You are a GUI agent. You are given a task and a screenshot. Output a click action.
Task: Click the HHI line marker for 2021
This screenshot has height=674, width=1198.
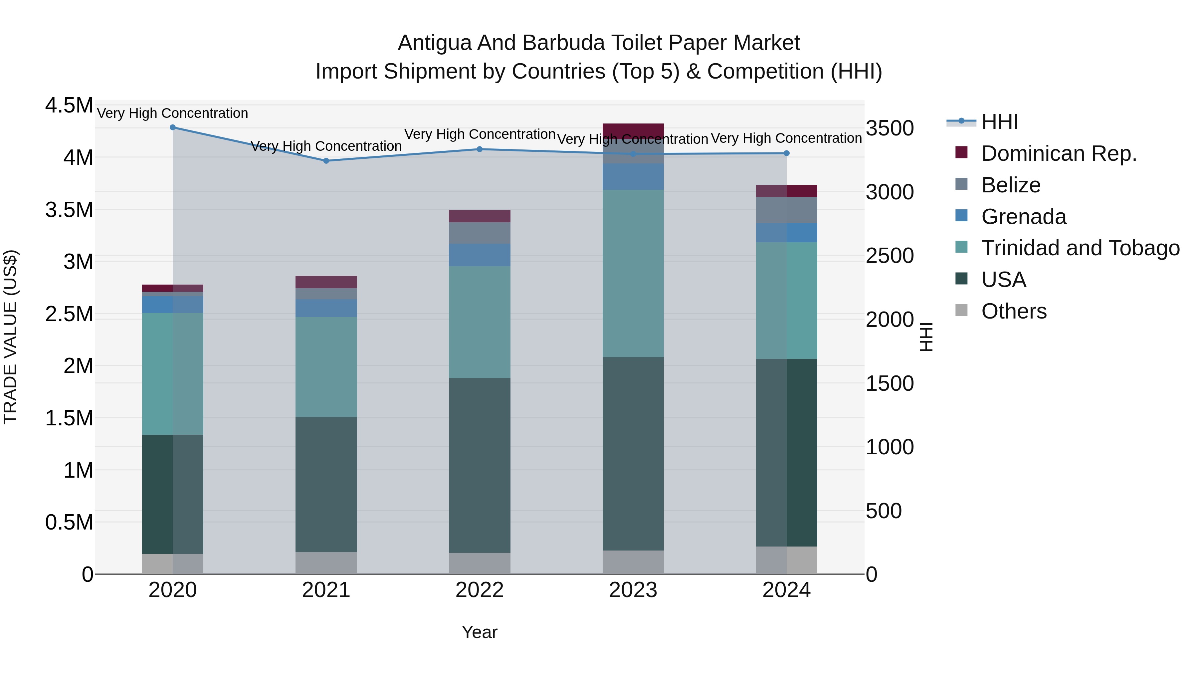coord(326,161)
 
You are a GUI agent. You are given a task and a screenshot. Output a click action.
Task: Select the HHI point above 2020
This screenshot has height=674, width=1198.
coord(172,127)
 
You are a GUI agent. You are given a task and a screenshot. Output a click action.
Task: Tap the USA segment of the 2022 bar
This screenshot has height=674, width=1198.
coord(480,465)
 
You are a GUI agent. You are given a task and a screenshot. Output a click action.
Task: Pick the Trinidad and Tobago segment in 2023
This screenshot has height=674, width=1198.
coord(633,274)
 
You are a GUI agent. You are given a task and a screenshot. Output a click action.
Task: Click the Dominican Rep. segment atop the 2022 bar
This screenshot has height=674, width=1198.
coord(480,216)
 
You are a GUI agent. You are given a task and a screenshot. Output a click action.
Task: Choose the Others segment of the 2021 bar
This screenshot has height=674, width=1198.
coord(326,563)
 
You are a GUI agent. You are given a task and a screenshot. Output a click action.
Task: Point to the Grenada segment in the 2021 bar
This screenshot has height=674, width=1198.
coord(326,308)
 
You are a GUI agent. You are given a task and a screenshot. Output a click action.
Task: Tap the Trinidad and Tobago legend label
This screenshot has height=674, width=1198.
coord(1080,248)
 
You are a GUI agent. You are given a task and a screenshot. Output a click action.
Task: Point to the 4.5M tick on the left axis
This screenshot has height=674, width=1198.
coord(69,106)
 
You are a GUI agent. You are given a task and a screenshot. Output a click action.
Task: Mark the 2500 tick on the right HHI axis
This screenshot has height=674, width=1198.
coord(890,256)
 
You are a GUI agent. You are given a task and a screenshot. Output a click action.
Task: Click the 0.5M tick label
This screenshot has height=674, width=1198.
coord(69,522)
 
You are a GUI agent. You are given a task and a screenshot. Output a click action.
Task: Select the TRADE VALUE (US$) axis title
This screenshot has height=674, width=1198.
coord(10,337)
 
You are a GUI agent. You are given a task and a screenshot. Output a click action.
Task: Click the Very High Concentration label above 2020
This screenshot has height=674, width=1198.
coord(172,113)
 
